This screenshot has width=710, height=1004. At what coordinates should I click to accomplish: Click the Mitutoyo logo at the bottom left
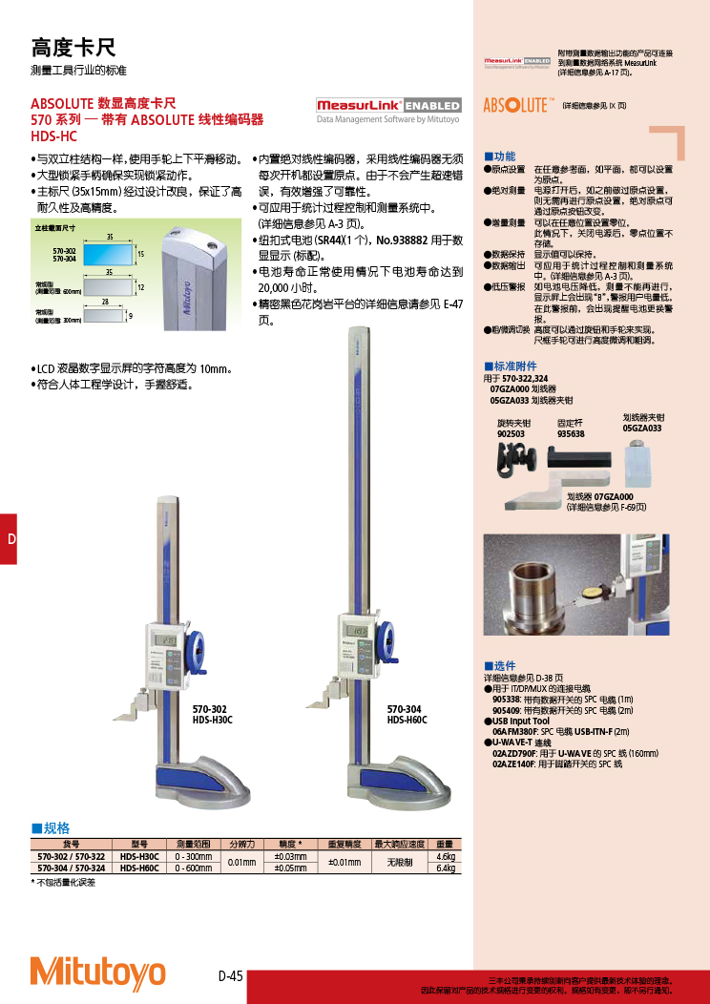click(x=97, y=972)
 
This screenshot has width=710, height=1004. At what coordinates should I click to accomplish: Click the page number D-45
click(x=231, y=975)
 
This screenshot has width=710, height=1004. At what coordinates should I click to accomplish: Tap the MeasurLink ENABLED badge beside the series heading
click(x=388, y=106)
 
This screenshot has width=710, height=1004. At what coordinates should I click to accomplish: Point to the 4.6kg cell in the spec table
click(x=446, y=856)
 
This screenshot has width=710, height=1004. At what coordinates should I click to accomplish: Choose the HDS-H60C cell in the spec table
click(x=140, y=868)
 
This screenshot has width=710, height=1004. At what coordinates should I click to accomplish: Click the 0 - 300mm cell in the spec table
click(x=194, y=856)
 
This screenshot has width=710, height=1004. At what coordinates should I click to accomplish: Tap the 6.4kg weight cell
click(x=446, y=868)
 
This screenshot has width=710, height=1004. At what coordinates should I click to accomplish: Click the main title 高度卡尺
click(x=73, y=48)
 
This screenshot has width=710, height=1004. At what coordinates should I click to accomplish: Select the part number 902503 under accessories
click(x=511, y=432)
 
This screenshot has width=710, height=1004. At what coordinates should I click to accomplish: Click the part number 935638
click(x=571, y=432)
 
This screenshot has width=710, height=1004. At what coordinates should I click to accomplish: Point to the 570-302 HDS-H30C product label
click(x=212, y=715)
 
